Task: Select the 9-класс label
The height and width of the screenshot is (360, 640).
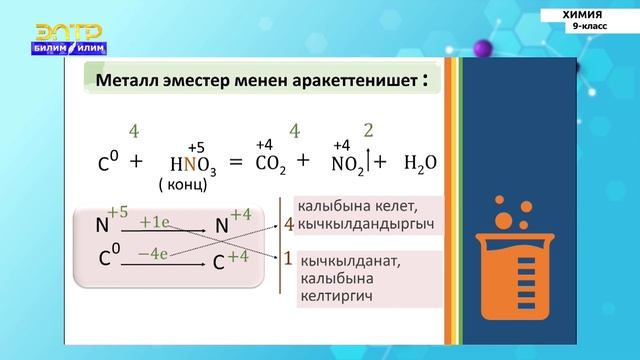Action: pyautogui.click(x=589, y=28)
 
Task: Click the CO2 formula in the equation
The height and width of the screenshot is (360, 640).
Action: pyautogui.click(x=275, y=163)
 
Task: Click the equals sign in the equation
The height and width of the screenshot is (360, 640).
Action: pyautogui.click(x=236, y=162)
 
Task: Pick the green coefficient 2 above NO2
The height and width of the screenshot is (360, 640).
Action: pyautogui.click(x=368, y=131)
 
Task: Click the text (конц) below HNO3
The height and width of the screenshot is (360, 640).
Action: pyautogui.click(x=183, y=185)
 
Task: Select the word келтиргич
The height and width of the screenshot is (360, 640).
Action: pyautogui.click(x=333, y=297)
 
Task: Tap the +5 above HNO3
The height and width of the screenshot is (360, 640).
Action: pyautogui.click(x=197, y=147)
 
